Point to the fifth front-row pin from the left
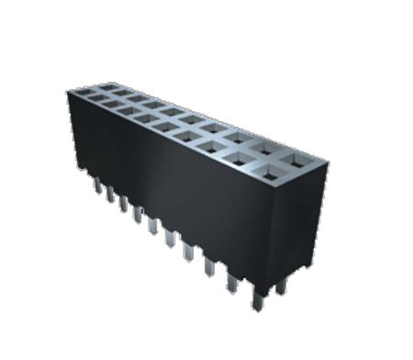click(153, 221)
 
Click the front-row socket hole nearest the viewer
click(274, 173)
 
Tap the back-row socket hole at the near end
click(298, 161)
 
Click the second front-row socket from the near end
click(241, 159)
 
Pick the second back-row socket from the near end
click(266, 147)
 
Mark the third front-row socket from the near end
click(213, 147)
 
